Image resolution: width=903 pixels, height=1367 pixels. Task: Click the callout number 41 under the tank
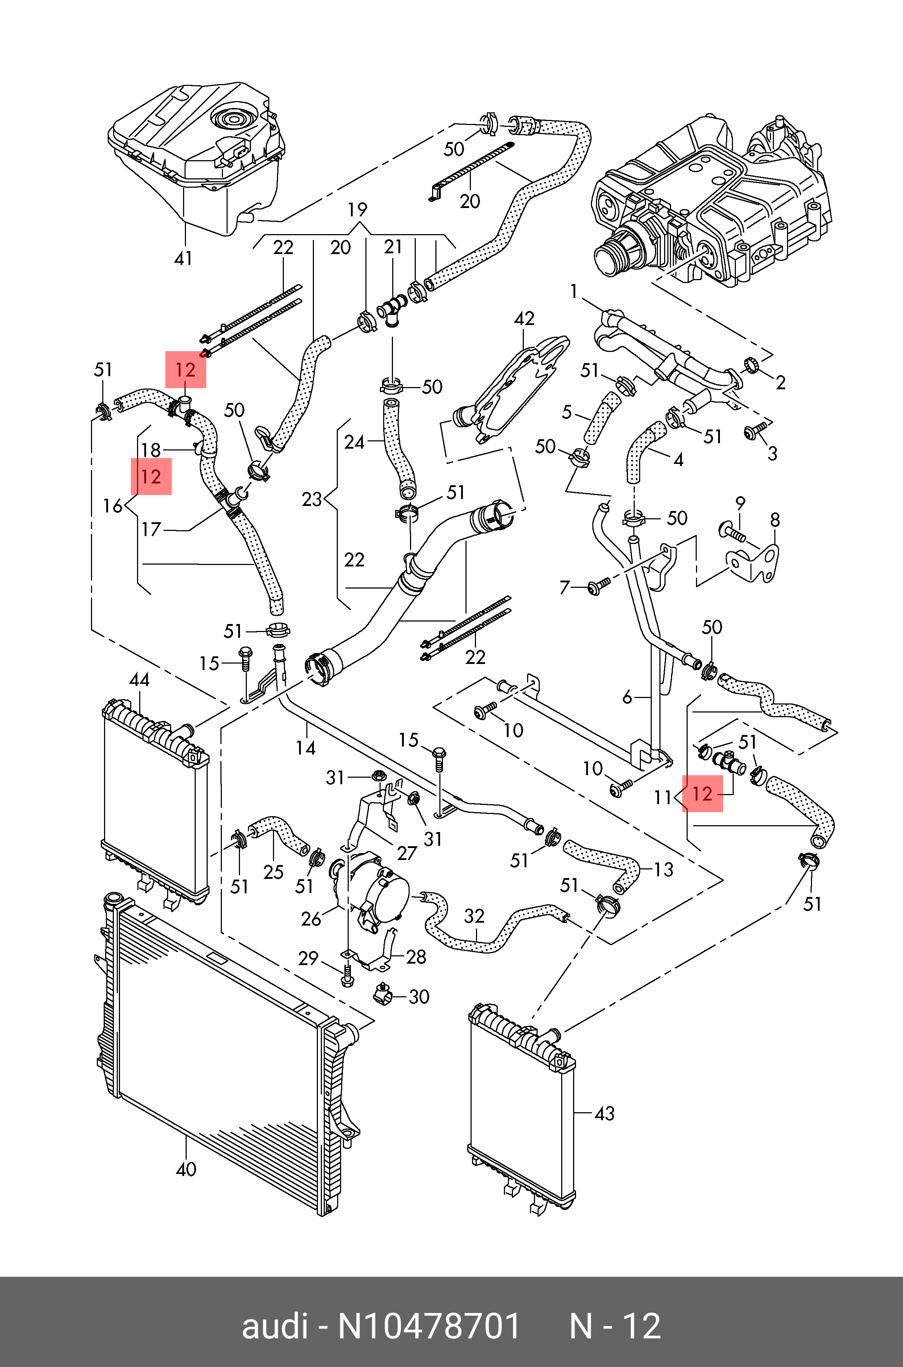click(x=183, y=258)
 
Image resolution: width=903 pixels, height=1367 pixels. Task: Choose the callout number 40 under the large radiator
click(x=186, y=1169)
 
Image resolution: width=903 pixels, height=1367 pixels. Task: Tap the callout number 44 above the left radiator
click(x=139, y=680)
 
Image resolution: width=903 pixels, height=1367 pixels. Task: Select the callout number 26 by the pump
click(x=311, y=919)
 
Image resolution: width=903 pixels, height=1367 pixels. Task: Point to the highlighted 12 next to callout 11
click(x=702, y=795)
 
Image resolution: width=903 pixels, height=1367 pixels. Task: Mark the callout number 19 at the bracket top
click(x=357, y=209)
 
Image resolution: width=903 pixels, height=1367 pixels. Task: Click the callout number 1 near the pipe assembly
click(x=573, y=292)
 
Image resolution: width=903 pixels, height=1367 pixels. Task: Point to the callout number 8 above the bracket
click(x=775, y=520)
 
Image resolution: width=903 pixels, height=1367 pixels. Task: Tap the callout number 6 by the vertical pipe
click(x=627, y=698)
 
